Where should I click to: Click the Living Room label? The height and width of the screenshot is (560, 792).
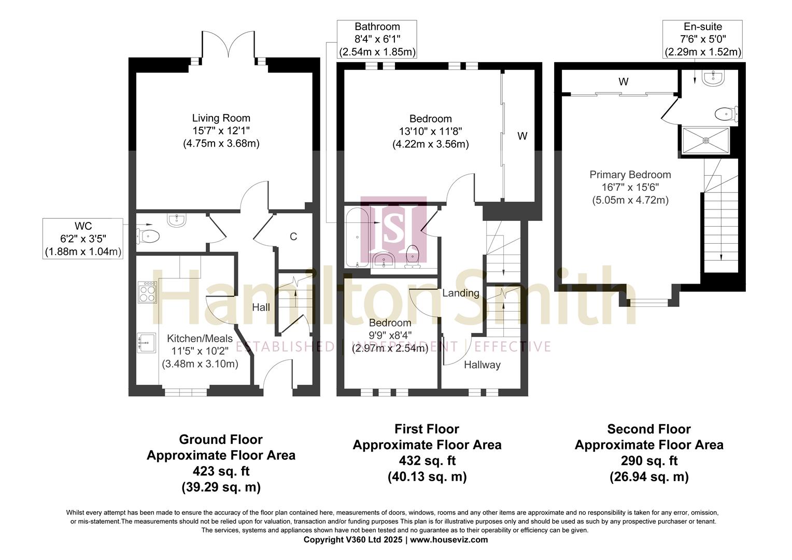[221, 118]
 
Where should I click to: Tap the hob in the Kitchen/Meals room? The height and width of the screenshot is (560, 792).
[147, 292]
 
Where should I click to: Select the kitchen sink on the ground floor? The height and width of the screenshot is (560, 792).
[147, 343]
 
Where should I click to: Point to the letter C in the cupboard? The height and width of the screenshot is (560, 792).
[293, 237]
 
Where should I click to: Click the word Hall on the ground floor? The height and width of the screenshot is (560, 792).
[261, 307]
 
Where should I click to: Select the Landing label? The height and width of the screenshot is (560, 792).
[460, 293]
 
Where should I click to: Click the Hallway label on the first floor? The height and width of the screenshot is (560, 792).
[482, 365]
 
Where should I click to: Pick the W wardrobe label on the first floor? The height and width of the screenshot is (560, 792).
[522, 136]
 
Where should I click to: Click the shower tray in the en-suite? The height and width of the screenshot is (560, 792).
[705, 140]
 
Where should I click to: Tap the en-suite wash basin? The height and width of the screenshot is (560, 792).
[715, 78]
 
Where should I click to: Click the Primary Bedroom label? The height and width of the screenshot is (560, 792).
[630, 175]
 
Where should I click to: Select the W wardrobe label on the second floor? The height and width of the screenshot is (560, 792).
[623, 82]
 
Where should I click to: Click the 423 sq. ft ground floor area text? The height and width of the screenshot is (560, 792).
[221, 471]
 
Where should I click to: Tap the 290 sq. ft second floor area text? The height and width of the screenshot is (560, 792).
[649, 461]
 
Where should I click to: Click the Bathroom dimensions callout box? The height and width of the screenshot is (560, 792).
[377, 39]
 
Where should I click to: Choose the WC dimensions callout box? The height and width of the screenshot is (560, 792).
[83, 239]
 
